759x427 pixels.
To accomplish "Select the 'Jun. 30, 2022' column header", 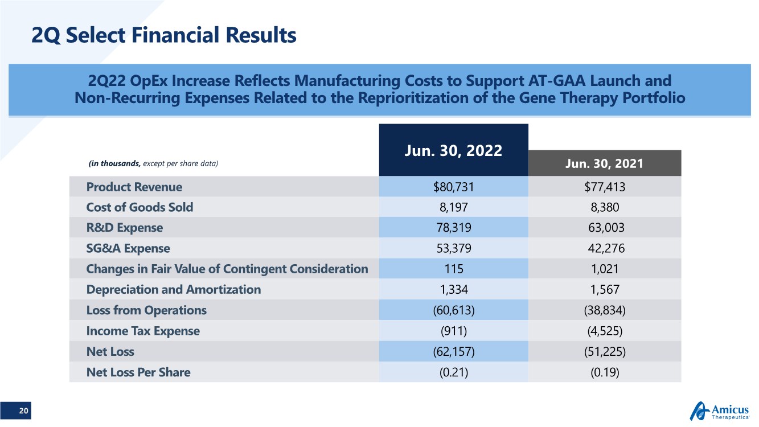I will click(453, 150).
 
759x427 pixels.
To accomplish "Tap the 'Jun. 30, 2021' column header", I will click(604, 163).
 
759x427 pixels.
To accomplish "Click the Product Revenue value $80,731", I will click(453, 187).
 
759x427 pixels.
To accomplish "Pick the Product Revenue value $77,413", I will click(604, 187).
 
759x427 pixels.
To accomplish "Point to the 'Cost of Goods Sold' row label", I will click(140, 207).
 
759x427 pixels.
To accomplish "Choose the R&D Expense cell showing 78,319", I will click(453, 228).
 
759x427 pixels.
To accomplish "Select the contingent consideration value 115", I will click(453, 269).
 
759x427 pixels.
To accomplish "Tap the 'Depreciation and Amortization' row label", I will click(173, 289).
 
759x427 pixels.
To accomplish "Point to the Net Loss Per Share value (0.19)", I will click(604, 372).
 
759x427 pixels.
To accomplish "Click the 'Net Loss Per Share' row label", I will click(138, 372).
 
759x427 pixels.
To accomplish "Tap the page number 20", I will click(23, 411).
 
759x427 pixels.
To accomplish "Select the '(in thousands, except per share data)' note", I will click(153, 164).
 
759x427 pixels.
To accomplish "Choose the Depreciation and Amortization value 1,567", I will click(604, 289).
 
